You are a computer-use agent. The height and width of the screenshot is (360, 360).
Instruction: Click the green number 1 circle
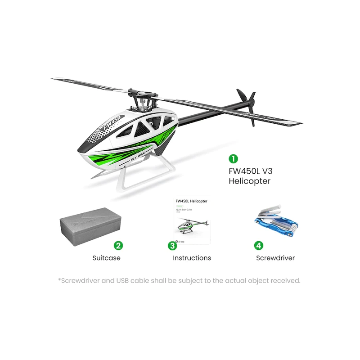click(233, 158)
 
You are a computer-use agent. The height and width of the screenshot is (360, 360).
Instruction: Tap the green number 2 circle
click(118, 246)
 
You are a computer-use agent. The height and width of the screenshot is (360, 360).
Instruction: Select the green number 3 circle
click(172, 246)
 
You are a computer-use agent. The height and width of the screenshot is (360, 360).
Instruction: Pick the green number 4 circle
click(258, 246)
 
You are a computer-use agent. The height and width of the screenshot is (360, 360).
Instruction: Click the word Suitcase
click(106, 258)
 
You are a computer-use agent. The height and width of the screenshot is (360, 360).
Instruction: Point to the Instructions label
click(192, 258)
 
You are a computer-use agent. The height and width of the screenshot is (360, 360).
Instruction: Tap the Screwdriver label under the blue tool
click(275, 258)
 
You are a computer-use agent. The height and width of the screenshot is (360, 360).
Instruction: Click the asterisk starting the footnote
click(59, 279)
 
